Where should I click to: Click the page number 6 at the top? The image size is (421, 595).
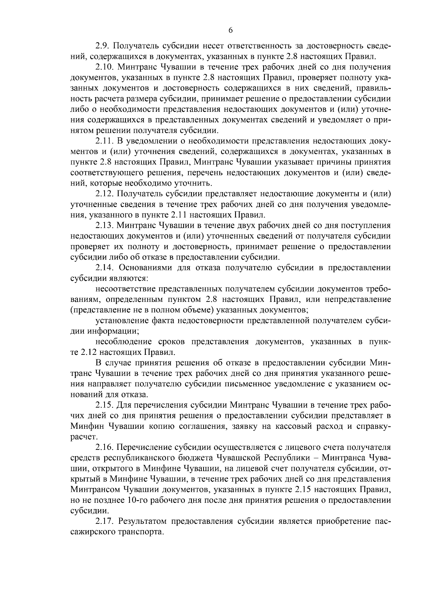pyautogui.click(x=230, y=31)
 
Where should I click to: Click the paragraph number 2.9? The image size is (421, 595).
pyautogui.click(x=102, y=46)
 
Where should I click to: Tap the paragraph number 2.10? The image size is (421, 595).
pyautogui.click(x=105, y=67)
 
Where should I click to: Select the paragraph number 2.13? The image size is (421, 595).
pyautogui.click(x=105, y=225)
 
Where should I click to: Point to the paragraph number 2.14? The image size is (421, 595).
pyautogui.click(x=105, y=268)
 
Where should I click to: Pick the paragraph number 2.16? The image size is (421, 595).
pyautogui.click(x=105, y=448)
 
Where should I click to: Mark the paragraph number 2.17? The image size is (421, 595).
pyautogui.click(x=105, y=521)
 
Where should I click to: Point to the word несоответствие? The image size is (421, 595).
pyautogui.click(x=125, y=289)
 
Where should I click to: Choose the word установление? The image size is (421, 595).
pyautogui.click(x=121, y=320)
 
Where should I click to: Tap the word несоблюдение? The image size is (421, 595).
pyautogui.click(x=123, y=341)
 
